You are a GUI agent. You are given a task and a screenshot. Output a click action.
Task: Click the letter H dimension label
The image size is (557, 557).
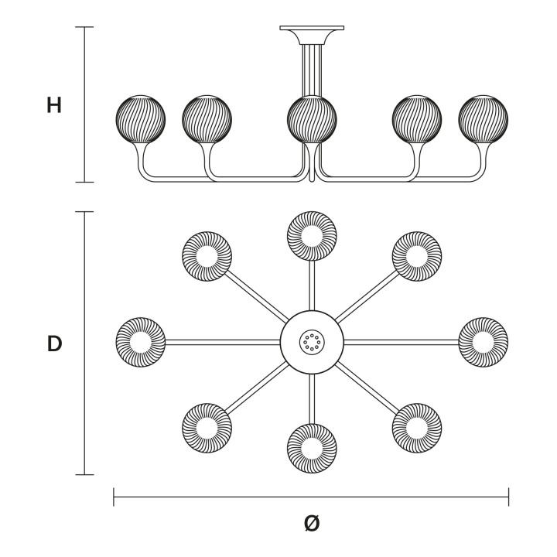(54, 105)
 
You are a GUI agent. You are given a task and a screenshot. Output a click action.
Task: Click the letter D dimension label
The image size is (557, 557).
(54, 343)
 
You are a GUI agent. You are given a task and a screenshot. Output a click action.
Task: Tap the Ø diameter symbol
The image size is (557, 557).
(313, 523)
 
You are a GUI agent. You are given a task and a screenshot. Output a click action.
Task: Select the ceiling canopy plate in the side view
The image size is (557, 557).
(312, 28)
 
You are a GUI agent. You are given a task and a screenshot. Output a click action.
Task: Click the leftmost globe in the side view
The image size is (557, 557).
(141, 119)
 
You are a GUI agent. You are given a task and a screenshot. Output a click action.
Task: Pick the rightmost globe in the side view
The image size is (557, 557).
(483, 119)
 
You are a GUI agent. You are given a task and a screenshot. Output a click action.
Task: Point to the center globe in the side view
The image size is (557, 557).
(312, 119)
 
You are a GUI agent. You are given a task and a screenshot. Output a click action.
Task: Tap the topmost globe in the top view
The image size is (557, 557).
(312, 236)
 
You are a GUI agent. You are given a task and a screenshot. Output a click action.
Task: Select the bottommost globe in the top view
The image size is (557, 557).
(312, 448)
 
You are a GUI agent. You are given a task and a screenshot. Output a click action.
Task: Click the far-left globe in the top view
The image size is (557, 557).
(141, 342)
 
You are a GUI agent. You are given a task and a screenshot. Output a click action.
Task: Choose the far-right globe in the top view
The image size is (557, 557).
(483, 342)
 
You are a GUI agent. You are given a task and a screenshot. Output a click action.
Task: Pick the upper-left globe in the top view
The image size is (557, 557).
(207, 256)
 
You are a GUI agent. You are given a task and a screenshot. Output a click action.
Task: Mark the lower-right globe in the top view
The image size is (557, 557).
(417, 428)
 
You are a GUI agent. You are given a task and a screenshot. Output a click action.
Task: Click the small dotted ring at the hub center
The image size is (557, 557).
(312, 343)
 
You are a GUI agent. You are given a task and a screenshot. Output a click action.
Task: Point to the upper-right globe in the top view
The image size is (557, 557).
(417, 256)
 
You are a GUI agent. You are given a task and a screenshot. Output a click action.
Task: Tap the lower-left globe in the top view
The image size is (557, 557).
(207, 428)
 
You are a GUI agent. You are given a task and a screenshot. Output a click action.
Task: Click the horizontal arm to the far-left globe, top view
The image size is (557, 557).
(223, 342)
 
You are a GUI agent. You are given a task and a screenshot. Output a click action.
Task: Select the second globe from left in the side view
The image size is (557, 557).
(207, 119)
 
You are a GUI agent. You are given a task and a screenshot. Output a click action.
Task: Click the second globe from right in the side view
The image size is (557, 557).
(417, 119)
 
